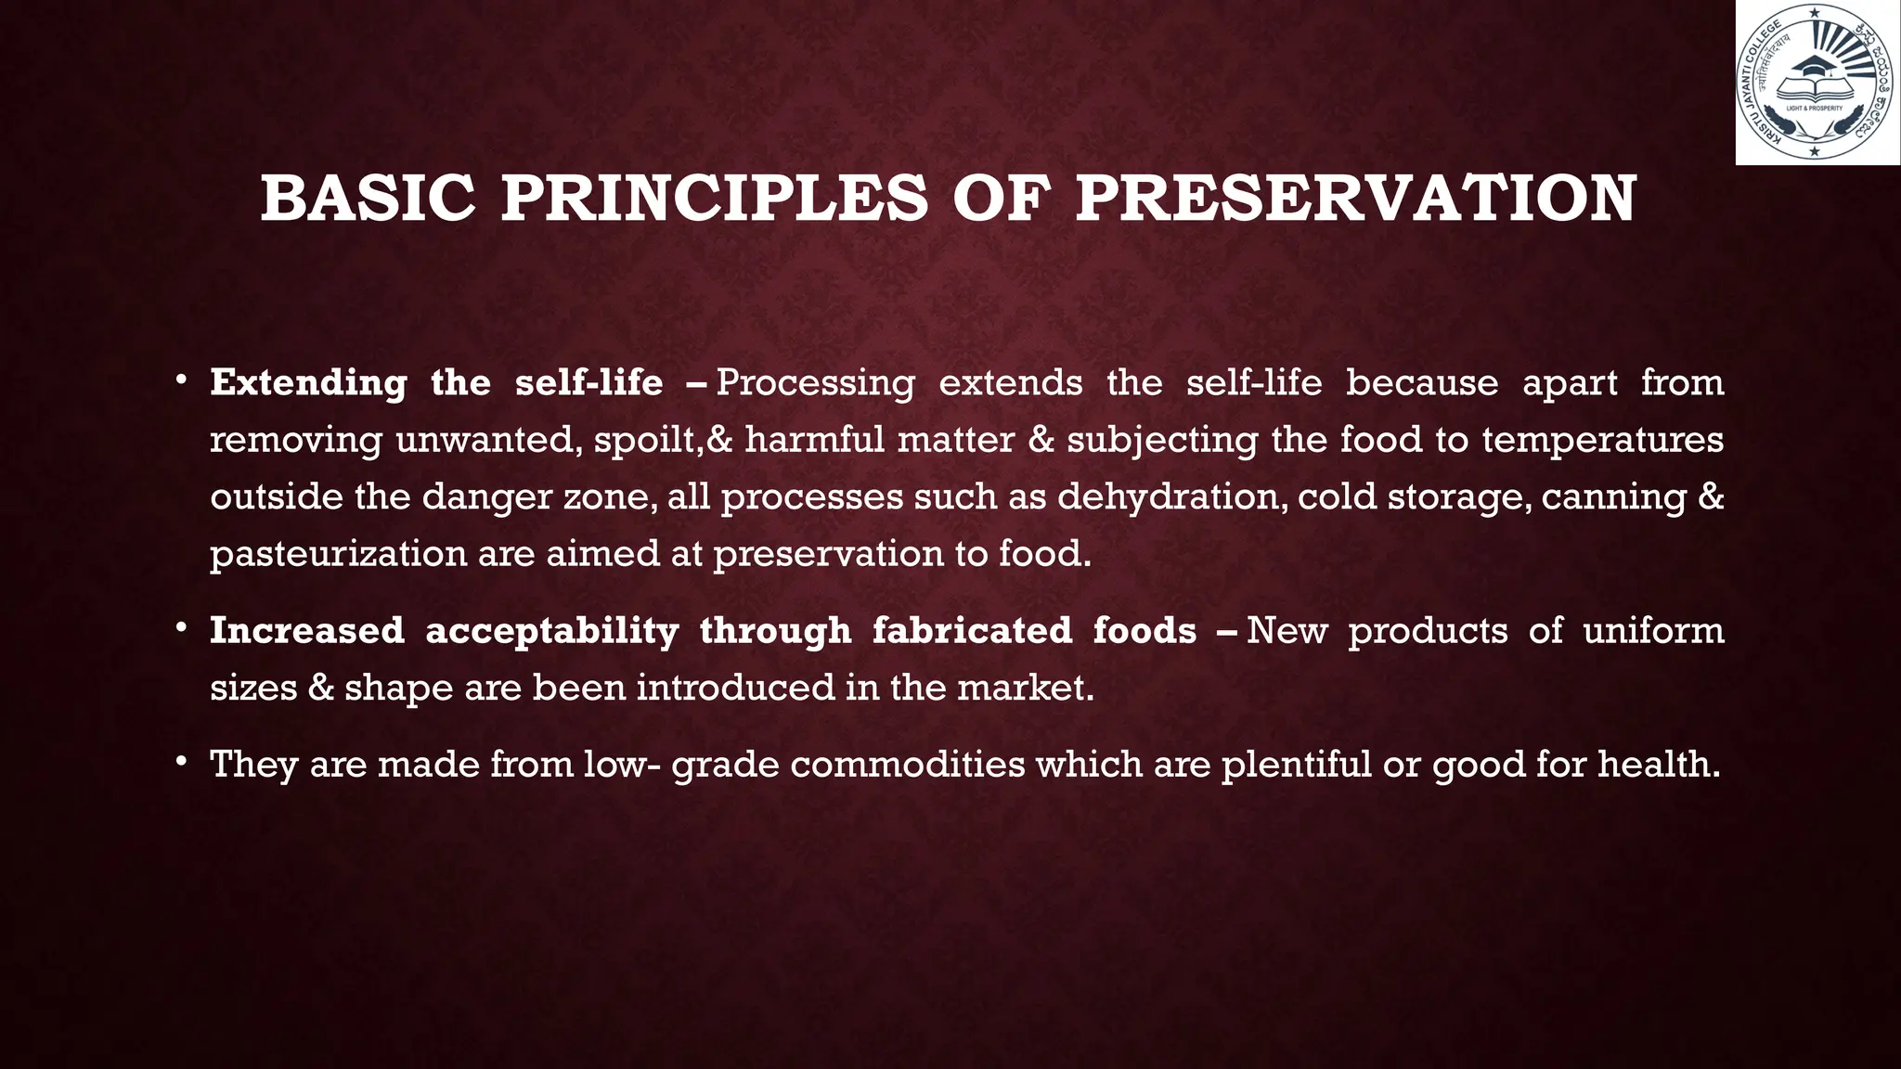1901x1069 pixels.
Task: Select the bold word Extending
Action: (x=308, y=383)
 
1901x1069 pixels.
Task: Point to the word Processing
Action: (x=815, y=383)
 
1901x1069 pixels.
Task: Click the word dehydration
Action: (x=1171, y=497)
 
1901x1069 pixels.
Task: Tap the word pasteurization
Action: (x=338, y=554)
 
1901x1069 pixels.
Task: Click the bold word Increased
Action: (x=307, y=631)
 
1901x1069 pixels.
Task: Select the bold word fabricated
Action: (x=972, y=631)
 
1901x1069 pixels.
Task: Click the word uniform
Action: (x=1653, y=631)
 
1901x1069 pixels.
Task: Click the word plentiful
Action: (x=1296, y=765)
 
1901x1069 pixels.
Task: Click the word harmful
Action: (x=814, y=439)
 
